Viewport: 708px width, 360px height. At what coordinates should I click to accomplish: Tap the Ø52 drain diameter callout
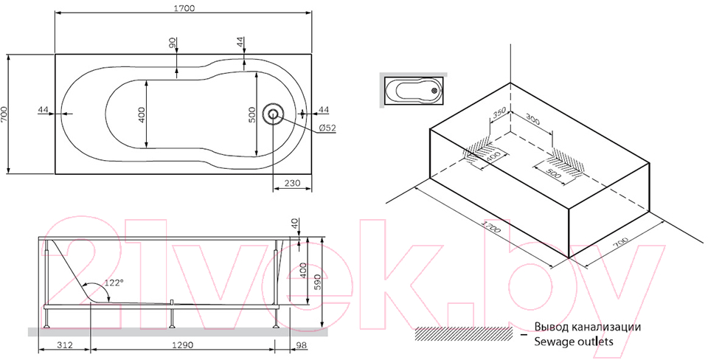coord(327,128)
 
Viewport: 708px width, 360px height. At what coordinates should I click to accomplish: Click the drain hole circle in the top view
coord(274,114)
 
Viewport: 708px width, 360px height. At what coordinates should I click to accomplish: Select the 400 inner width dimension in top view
coord(142,115)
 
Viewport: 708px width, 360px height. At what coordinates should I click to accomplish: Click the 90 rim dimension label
coord(171,43)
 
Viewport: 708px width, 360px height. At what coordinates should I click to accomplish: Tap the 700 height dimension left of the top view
coord(4,114)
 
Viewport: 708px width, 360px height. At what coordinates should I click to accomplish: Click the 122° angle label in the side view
coord(114,283)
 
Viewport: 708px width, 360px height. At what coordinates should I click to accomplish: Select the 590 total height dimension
coord(316,281)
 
